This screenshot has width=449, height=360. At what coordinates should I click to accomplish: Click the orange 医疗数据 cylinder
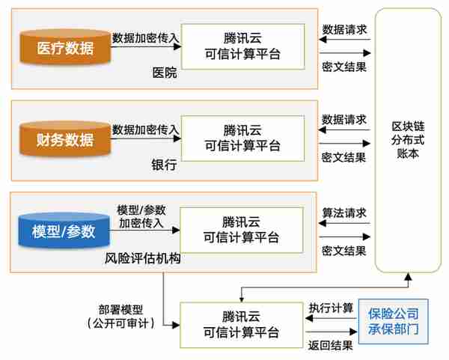click(x=65, y=47)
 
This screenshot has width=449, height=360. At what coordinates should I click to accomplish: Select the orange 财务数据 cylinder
click(x=65, y=139)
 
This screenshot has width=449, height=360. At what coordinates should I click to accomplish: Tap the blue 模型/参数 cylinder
click(x=64, y=231)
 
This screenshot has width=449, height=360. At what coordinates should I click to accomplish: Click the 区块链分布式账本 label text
click(x=408, y=140)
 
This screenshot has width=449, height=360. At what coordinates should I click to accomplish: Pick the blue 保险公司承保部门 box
click(x=394, y=321)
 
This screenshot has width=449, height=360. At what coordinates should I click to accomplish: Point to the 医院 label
click(x=165, y=73)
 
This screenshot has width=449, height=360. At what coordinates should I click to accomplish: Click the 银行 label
click(x=164, y=165)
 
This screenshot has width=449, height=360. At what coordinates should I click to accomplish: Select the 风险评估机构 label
click(x=142, y=258)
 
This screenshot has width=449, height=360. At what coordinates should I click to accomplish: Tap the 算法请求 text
click(x=344, y=213)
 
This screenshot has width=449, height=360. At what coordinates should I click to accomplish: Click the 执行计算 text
click(x=331, y=308)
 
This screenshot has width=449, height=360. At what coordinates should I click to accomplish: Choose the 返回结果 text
click(x=330, y=345)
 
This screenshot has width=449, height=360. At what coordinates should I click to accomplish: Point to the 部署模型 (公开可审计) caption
click(x=120, y=317)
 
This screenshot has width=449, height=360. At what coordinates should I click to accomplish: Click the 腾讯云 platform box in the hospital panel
click(x=242, y=46)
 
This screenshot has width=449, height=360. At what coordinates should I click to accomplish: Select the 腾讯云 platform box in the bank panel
click(x=242, y=138)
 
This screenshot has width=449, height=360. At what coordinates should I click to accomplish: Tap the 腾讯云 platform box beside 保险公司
click(x=242, y=325)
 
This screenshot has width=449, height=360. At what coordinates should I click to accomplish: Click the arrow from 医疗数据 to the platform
click(x=146, y=46)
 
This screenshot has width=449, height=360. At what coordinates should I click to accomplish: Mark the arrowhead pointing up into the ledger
click(x=409, y=276)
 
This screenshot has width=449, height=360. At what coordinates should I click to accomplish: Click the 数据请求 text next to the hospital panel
click(x=344, y=29)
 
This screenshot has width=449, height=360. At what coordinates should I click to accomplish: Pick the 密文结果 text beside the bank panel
click(x=343, y=157)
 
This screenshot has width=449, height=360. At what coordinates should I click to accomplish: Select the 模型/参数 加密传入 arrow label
click(x=141, y=216)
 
